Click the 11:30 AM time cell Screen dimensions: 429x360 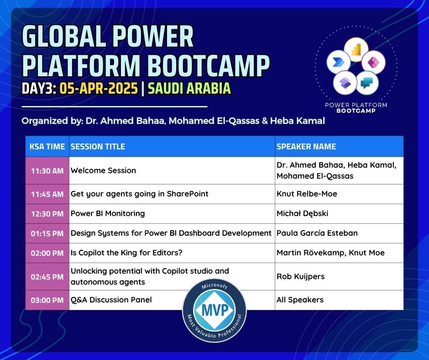tap(47, 171)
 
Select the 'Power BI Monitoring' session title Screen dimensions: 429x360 tap(108, 213)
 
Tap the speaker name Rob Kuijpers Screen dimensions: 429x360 tap(300, 276)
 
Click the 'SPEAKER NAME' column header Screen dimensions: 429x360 tap(306, 147)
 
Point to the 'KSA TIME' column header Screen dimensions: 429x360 tap(47, 147)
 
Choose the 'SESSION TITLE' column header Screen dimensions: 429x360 tap(98, 147)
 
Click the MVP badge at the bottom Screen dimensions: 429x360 tap(214, 310)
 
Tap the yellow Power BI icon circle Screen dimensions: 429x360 tap(356, 50)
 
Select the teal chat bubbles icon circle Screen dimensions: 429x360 tap(367, 83)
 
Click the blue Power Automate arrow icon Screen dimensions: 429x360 tap(339, 62)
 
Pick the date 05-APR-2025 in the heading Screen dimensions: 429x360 tap(99, 88)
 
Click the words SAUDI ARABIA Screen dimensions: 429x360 tap(189, 88)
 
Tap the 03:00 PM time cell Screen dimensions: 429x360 tap(47, 300)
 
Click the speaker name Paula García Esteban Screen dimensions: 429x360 tap(317, 233)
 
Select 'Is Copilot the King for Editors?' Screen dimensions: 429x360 tap(126, 253)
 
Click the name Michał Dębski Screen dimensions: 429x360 tap(302, 213)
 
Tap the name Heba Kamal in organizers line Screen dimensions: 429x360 tap(298, 121)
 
